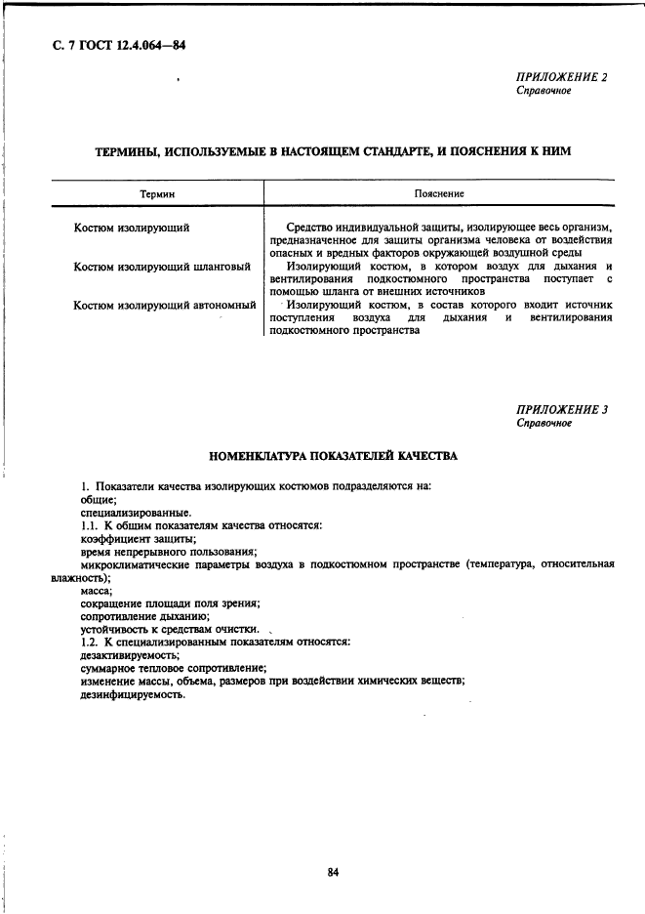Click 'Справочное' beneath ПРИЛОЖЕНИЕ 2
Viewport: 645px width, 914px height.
(x=544, y=91)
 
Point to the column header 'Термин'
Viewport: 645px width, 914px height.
(x=157, y=194)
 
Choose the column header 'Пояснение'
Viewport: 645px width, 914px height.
(x=439, y=194)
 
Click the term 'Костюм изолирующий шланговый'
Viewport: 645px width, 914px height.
(x=163, y=267)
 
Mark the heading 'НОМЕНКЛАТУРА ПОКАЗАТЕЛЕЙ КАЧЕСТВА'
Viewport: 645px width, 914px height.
(x=334, y=455)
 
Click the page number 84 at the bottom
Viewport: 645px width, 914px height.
(x=333, y=872)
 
